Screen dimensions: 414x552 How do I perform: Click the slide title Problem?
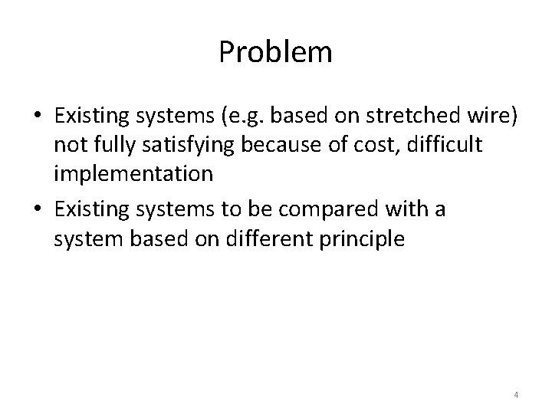pyautogui.click(x=275, y=53)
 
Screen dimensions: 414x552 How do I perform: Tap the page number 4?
pyautogui.click(x=516, y=395)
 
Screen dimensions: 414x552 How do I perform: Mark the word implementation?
pyautogui.click(x=133, y=174)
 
